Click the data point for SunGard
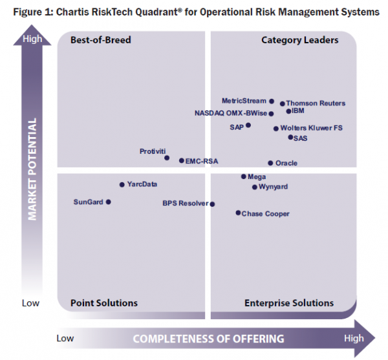coord(108,202)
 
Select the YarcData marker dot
coord(122,185)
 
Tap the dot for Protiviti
coord(167,158)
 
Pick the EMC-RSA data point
coord(182,160)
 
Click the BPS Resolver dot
coord(213,204)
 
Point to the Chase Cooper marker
coord(238,213)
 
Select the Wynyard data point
coord(254,187)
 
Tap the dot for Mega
coord(243,176)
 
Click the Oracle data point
coord(270,163)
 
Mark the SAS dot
coord(290,137)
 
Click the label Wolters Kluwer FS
coord(312,128)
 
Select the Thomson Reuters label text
coord(316,103)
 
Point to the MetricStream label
coord(244,101)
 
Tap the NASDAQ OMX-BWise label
coord(230,113)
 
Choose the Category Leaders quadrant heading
coord(299,40)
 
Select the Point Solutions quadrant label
coord(103,302)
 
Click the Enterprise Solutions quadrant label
coord(289,302)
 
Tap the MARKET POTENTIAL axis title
coord(32,169)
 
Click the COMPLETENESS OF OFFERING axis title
coord(208,338)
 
